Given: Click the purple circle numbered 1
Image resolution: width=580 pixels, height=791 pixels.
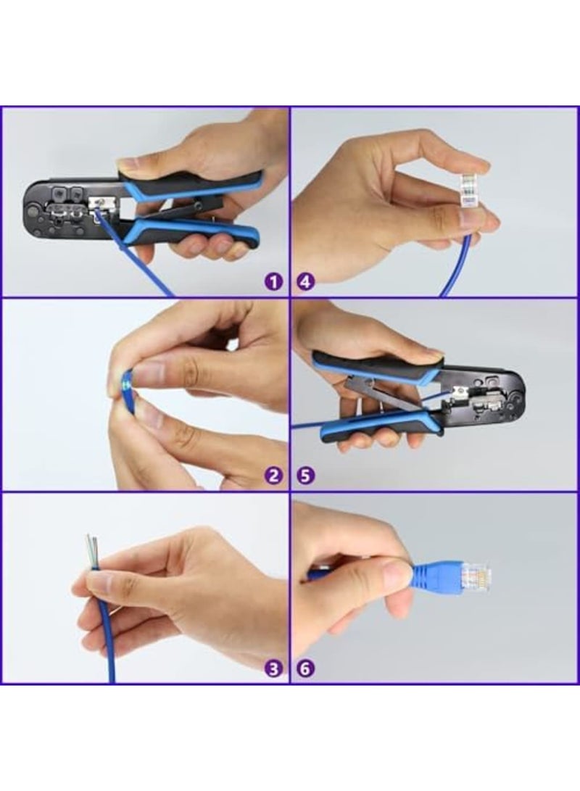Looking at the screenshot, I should coord(273,281).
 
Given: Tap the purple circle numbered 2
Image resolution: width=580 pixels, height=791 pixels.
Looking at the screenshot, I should coord(273,476).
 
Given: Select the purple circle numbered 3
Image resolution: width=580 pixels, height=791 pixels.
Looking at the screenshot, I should coord(273,668).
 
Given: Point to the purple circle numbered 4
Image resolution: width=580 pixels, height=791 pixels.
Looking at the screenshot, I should coord(306,281).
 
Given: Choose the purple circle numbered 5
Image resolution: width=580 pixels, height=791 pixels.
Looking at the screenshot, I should coord(306,476).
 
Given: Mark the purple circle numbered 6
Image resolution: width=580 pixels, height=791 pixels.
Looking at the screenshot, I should coord(306,668).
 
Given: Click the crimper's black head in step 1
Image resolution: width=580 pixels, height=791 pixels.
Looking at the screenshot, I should coord(62,207).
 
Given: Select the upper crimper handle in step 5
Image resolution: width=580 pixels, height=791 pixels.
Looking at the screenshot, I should coord(377,367).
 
